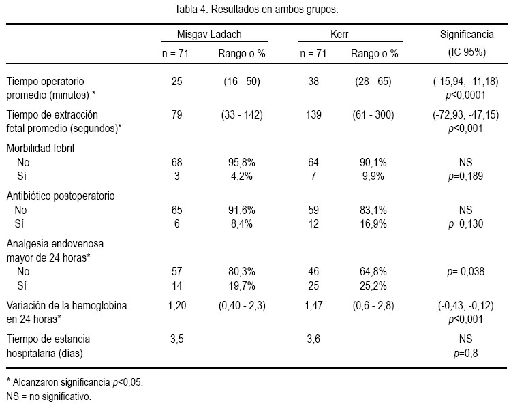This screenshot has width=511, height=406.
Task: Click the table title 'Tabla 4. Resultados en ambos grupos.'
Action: coord(256,9)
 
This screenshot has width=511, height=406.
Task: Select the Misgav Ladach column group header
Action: coord(209,34)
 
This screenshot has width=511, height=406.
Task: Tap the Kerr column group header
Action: coord(339,34)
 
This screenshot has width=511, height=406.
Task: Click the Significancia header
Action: coord(467,34)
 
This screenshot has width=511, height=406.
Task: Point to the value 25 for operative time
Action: coord(176,81)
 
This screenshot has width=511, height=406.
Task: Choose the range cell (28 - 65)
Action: coord(373,81)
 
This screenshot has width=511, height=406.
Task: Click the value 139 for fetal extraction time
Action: coord(313,114)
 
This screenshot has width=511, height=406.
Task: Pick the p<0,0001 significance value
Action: coord(465,95)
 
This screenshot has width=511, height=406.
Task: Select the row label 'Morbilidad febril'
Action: coord(40,149)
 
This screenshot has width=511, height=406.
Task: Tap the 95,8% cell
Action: coord(241,162)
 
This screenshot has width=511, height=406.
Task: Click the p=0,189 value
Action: coord(465,176)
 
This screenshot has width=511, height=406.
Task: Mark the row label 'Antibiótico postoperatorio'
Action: coord(61,196)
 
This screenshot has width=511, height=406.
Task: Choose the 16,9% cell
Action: coord(373,224)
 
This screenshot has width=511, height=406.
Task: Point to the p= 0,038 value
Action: coord(465,271)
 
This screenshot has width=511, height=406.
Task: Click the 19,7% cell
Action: coord(241,285)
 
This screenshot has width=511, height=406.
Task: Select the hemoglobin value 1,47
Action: coord(313,306)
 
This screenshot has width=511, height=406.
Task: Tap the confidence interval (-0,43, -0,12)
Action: coord(466,306)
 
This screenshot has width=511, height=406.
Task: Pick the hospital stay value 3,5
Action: coord(176,339)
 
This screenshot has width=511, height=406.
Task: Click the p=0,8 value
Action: coord(466,354)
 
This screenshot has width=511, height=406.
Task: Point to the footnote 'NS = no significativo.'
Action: coord(49,396)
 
